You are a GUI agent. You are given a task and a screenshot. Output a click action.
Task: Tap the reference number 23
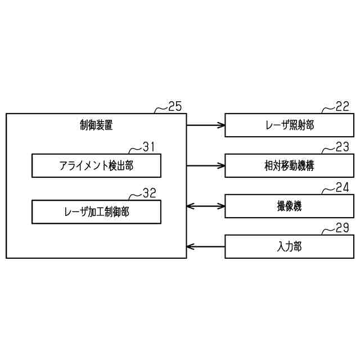pos(342,147)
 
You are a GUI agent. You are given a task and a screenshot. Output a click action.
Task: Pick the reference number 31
pos(148,147)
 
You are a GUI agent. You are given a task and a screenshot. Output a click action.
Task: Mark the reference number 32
pos(148,193)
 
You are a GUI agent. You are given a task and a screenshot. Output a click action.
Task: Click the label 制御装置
pos(96,125)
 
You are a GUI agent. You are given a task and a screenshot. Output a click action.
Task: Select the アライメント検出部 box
pos(96,165)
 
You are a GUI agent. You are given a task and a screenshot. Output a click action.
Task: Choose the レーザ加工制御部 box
pos(96,211)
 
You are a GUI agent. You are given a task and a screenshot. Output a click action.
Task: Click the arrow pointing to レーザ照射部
pos(205,125)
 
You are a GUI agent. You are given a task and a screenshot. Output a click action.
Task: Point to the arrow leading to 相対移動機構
pos(205,165)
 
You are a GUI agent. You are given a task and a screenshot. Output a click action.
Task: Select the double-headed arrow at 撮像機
pos(205,206)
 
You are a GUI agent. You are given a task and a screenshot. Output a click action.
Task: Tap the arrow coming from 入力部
pos(205,246)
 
